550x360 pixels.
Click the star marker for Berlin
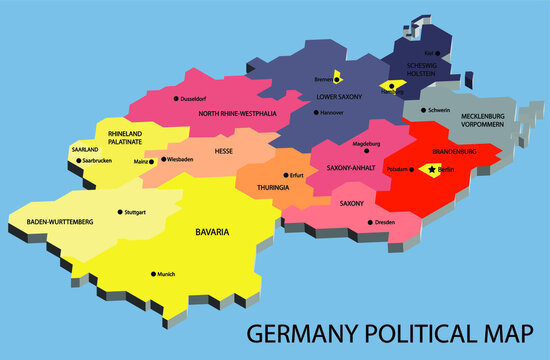(x=432, y=170)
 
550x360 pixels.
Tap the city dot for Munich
(x=154, y=273)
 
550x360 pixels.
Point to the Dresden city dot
(x=370, y=222)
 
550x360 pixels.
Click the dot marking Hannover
(x=316, y=112)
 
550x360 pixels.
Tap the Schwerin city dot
(x=424, y=110)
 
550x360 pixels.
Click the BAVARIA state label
(x=212, y=232)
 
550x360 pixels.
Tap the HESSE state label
(x=225, y=151)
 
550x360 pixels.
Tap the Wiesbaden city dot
(x=162, y=160)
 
